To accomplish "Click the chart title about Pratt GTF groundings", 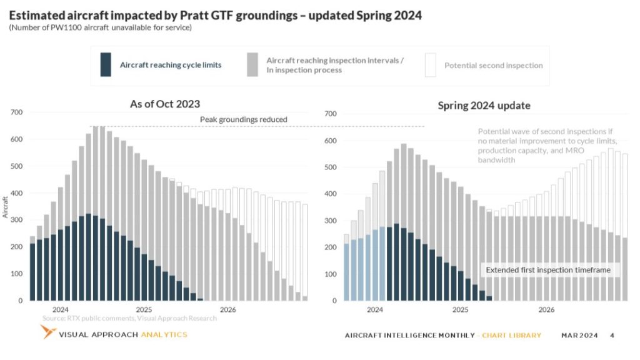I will [x=215, y=15].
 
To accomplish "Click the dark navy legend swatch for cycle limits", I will [x=106, y=65].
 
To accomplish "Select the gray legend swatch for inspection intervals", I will [x=252, y=65].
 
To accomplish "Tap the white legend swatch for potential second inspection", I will [x=430, y=65].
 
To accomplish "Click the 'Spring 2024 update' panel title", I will [x=484, y=105].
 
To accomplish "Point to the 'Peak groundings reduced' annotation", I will [x=243, y=119].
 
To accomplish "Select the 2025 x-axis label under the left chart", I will [x=144, y=309].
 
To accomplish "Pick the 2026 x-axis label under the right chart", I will [x=546, y=309].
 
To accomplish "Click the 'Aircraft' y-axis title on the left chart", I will [x=6, y=207].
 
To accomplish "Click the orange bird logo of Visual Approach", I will [x=47, y=332].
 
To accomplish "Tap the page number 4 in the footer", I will [x=612, y=336].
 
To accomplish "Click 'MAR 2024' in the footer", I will [x=579, y=336].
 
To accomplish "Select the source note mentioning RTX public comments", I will [x=129, y=318].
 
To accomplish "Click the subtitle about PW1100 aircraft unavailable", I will [x=100, y=27].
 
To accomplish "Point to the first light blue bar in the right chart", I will [x=347, y=272].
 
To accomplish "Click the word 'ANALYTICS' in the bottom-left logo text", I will [x=164, y=334].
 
